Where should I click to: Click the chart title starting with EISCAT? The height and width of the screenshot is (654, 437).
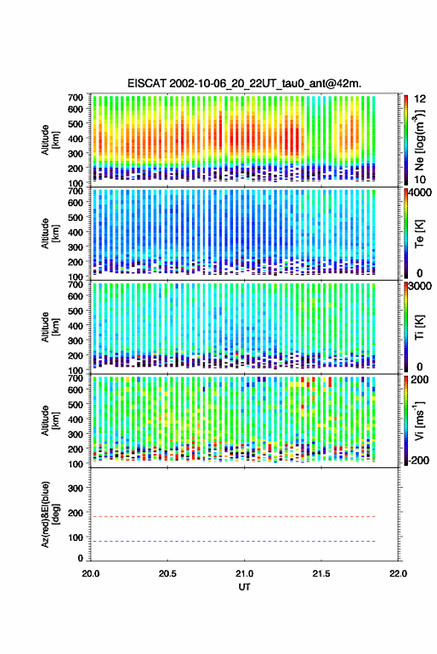point(244,83)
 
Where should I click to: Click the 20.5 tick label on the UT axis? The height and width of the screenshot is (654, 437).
point(168,574)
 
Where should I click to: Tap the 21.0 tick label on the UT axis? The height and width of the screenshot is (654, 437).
point(244,574)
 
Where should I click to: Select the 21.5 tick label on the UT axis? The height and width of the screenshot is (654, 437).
point(321,574)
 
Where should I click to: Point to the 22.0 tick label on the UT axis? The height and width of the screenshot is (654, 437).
point(398,574)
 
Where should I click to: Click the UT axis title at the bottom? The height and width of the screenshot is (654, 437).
point(244,587)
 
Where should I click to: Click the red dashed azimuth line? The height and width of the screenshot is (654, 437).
point(233,516)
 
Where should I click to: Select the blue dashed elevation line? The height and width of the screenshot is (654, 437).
point(233,541)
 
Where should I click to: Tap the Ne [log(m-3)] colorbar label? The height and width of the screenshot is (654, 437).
point(419,140)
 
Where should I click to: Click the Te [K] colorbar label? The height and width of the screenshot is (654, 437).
point(419,234)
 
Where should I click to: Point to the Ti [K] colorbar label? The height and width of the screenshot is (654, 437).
point(419,327)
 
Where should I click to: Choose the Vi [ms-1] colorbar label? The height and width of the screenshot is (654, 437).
point(419,420)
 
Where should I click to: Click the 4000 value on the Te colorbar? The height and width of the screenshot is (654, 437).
point(421,193)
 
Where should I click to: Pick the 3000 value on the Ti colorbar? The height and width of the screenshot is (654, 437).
point(421,286)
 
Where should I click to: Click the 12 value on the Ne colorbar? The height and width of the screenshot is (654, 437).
point(420,99)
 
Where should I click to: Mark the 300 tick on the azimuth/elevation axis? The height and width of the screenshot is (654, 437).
point(75,488)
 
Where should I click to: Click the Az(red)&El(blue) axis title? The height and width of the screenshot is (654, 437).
point(50,514)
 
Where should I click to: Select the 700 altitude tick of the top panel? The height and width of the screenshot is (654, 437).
point(75,97)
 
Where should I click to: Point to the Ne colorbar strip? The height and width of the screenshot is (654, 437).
point(406,140)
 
